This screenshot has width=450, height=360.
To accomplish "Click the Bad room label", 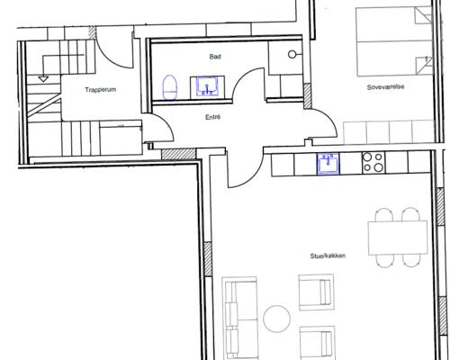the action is coord(215,57).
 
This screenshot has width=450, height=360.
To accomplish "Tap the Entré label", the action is coord(213,117).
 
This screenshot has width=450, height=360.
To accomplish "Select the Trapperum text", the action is coord(100,90).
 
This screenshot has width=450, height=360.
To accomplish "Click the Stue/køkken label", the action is coord(328,256).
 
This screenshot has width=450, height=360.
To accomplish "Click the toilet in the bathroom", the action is coord(170,87).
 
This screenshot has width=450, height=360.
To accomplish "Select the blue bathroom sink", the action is coord(207,86).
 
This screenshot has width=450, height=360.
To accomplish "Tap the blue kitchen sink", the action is coord(328,164).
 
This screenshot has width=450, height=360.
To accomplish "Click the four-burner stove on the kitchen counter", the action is coord(373,163).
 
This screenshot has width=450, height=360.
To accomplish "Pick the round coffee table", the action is coord(276,319).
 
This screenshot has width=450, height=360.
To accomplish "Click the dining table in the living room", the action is coord(398,238).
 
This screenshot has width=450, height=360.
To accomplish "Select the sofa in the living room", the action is coord(239,318).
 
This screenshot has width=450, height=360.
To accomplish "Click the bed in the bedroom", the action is coord(394,41).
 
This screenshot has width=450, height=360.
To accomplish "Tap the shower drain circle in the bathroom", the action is coord(292,54).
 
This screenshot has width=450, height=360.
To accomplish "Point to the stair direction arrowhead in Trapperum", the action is coord(43,79).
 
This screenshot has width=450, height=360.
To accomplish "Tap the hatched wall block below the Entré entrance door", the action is coord(178,154).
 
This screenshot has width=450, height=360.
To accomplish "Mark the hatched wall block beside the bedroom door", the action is coord(307,96).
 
